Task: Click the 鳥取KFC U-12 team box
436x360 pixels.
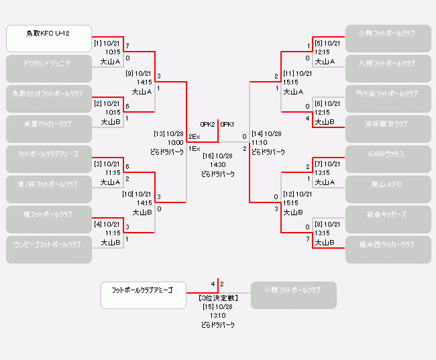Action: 49,38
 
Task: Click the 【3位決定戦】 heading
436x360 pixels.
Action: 218,297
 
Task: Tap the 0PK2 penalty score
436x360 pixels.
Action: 207,125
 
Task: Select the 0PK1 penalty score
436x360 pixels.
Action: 227,125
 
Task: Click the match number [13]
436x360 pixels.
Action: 160,133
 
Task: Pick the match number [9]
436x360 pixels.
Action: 130,73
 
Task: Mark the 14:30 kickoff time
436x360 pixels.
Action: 218,164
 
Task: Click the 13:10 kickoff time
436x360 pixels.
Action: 218,315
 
